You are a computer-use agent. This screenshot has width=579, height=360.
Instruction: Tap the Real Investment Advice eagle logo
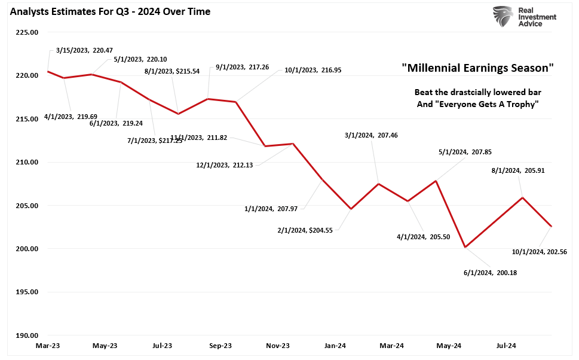[x=503, y=17]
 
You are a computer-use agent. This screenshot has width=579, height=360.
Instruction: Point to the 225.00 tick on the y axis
[x=26, y=32]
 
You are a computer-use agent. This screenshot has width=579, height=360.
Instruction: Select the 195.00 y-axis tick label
[x=26, y=292]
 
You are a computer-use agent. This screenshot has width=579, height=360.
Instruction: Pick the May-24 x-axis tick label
[x=449, y=346]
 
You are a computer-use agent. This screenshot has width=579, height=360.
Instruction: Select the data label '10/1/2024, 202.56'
[x=539, y=252]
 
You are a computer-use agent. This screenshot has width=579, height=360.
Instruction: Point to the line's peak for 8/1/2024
[x=523, y=197]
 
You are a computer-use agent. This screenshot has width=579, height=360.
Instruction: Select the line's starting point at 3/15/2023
[x=48, y=72]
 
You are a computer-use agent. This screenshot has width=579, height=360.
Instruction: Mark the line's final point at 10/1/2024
[x=552, y=227]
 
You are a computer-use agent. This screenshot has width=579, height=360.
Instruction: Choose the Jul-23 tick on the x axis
[x=163, y=346]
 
